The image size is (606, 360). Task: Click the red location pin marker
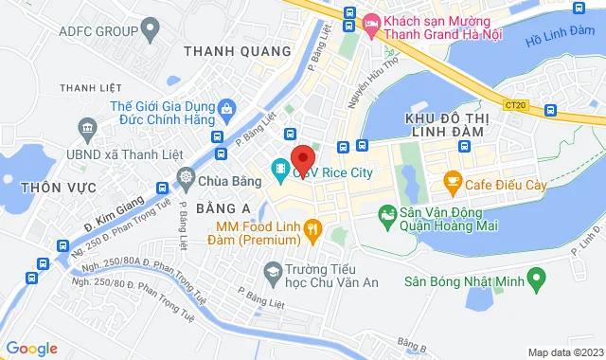tap(302, 158)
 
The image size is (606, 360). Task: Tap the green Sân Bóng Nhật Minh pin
tap(537, 280)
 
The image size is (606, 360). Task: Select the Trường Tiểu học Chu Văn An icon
tap(273, 271)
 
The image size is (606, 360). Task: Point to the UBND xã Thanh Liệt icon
tap(88, 127)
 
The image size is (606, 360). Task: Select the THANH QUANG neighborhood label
tap(238, 50)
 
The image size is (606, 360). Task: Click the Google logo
tap(31, 349)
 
